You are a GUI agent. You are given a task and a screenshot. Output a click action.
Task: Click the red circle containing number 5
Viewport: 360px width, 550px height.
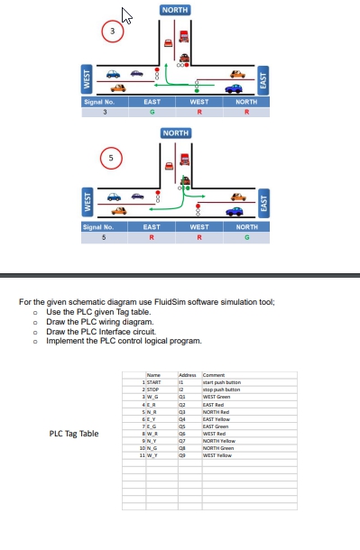click(x=113, y=157)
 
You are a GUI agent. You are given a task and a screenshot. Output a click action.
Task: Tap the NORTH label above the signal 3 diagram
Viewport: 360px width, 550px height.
click(x=175, y=9)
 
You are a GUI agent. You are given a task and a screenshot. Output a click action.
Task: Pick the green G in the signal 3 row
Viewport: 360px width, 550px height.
click(x=152, y=112)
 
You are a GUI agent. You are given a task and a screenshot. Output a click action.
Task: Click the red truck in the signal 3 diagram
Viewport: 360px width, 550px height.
click(x=184, y=36)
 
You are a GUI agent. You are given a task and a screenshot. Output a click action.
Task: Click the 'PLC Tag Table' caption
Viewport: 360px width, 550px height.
click(x=74, y=434)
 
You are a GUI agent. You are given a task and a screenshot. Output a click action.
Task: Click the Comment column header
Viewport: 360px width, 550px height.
click(x=215, y=375)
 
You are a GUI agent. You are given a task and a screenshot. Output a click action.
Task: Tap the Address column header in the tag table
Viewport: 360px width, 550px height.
click(x=188, y=375)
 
